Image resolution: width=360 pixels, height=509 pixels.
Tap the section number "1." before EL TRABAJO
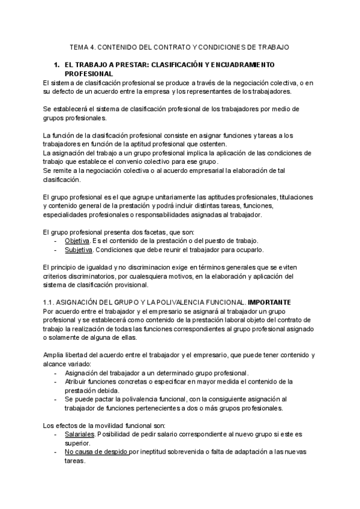(57, 64)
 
